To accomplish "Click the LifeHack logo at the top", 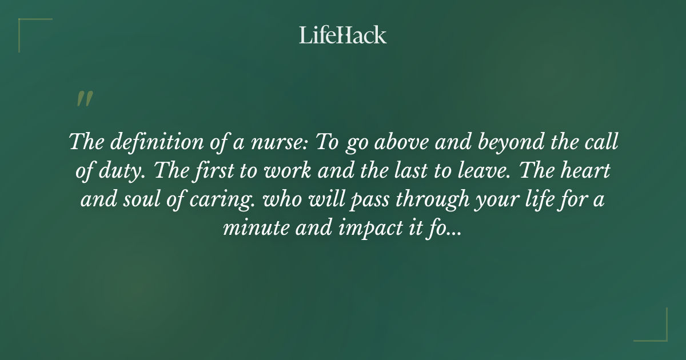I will point(343,35).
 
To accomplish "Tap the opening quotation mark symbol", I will point(84,99).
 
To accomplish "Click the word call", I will point(604,142).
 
